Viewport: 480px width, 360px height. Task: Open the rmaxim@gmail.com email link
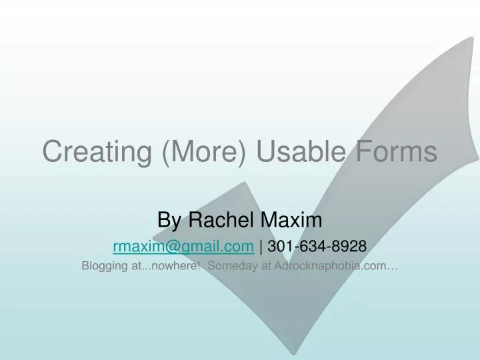183,247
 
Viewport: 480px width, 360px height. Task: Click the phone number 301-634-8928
317,247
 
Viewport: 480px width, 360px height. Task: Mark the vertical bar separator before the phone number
261,247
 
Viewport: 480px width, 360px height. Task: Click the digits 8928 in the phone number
351,247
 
